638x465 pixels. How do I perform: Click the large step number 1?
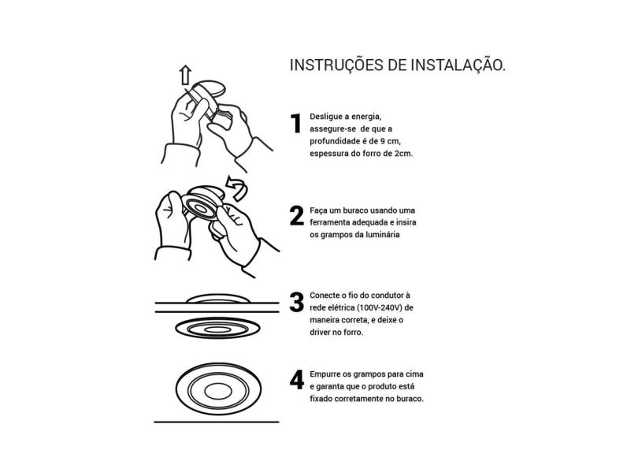pos(297,124)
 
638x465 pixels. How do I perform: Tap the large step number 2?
pos(297,216)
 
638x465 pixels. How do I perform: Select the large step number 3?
pos(297,302)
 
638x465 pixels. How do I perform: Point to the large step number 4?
pos(297,380)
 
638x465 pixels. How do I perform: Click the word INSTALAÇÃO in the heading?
pos(458,65)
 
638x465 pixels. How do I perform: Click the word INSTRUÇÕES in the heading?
pos(336,65)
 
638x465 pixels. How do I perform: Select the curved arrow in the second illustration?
pos(236,188)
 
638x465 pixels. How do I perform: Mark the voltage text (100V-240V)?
pos(379,307)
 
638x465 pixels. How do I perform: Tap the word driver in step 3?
pos(322,333)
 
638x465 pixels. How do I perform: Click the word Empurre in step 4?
pos(327,374)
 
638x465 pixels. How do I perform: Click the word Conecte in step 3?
pos(326,295)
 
